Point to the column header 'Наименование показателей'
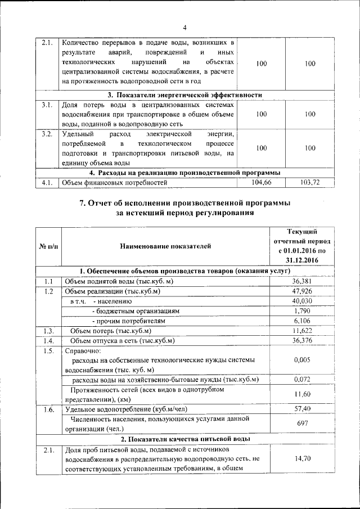tap(165, 246)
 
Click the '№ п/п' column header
tap(48, 246)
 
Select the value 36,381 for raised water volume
tap(302, 281)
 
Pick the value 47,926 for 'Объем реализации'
tap(302, 291)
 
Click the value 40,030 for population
tap(302, 301)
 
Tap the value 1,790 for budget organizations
tap(302, 310)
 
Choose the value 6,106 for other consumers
tap(302, 321)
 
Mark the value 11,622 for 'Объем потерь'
tap(302, 331)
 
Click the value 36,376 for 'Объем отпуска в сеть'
tap(302, 341)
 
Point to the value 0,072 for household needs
tap(302, 380)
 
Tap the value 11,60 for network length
tap(302, 395)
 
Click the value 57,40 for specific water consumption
tap(302, 409)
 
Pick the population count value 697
tap(302, 424)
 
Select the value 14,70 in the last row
tap(302, 459)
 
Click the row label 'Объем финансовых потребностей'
tap(115, 183)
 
